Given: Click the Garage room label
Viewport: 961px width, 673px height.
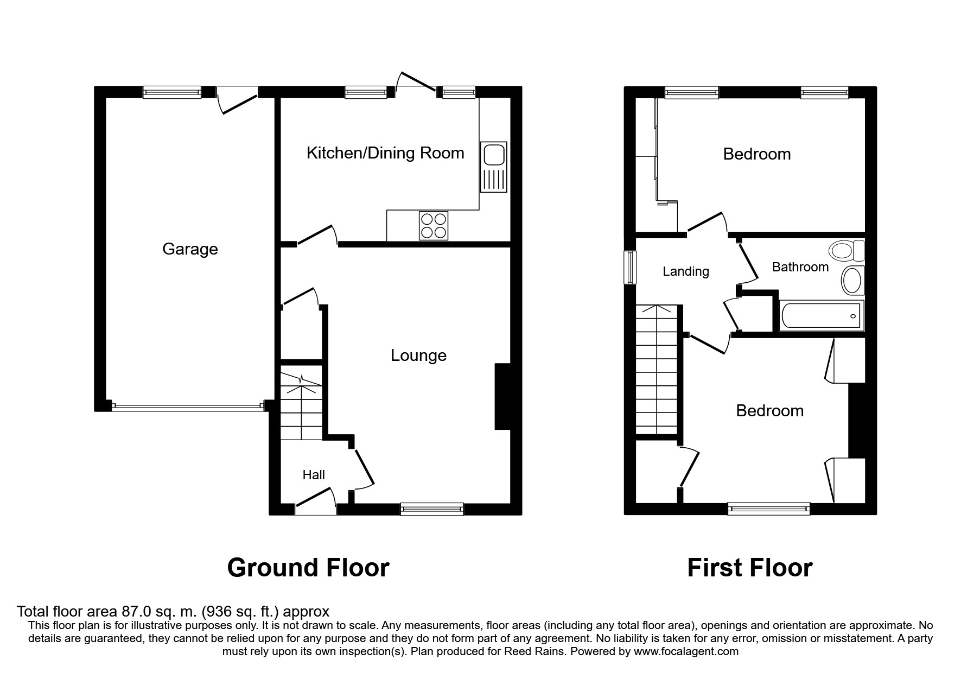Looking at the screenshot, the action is click(x=190, y=249).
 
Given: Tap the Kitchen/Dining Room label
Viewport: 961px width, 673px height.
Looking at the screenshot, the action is click(x=385, y=153).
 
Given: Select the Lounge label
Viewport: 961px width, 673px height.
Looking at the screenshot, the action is click(x=419, y=355).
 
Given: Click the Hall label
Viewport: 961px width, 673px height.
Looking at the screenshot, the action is click(x=314, y=475).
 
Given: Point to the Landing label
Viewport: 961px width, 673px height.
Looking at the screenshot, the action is click(x=686, y=271).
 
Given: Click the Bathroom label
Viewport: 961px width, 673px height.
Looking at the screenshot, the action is click(x=800, y=267).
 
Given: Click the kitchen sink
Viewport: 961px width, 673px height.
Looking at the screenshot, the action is click(x=493, y=167).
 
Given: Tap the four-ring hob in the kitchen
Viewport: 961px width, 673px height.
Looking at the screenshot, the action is click(x=434, y=225).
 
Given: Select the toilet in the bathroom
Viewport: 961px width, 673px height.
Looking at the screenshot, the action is click(x=847, y=251).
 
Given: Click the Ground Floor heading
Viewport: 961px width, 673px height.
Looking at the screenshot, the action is click(x=308, y=568).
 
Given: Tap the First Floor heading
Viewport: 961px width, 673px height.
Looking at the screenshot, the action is click(x=750, y=568).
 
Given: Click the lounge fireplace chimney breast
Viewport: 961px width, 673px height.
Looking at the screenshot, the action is click(x=502, y=397).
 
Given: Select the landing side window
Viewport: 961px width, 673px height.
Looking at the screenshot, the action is click(x=630, y=267).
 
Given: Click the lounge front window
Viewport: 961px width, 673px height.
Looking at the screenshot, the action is click(x=432, y=509).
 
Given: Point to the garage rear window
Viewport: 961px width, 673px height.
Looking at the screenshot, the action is click(x=172, y=92).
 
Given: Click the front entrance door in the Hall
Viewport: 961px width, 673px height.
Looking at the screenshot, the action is click(x=315, y=502).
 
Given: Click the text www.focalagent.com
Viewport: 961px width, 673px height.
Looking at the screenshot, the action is click(x=686, y=651).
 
